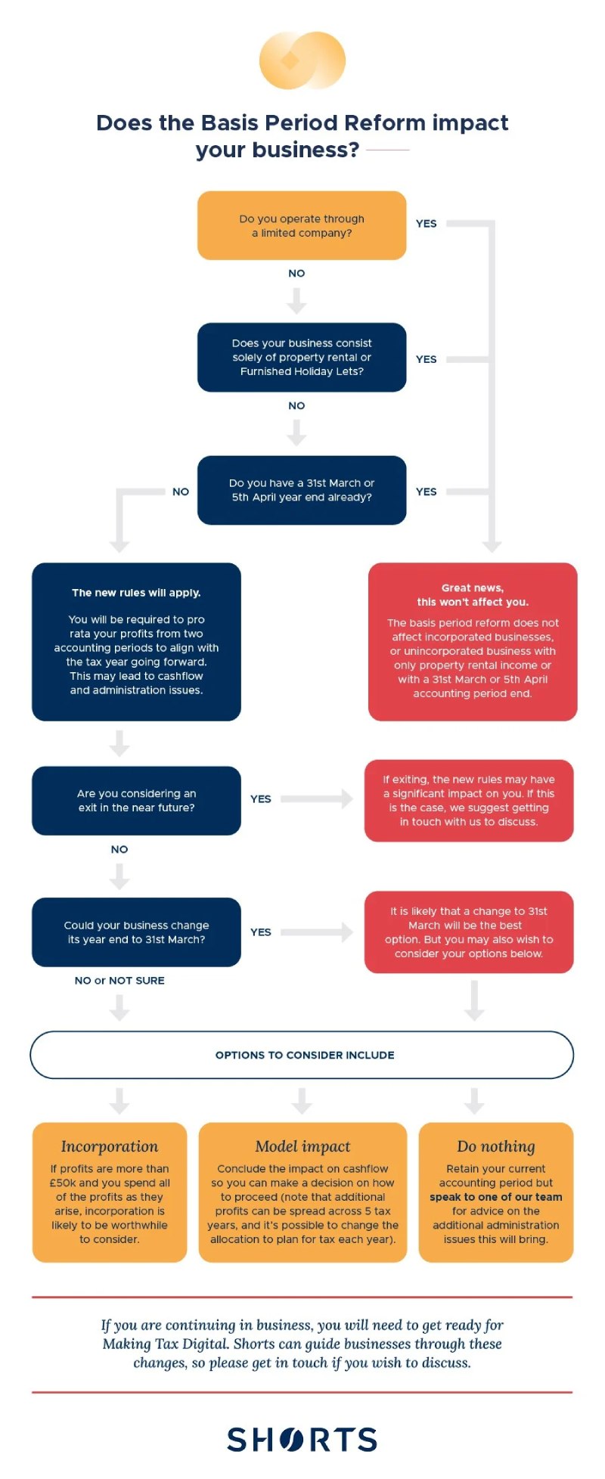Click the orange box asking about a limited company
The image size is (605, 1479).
302,225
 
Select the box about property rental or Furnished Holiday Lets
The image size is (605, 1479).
302,357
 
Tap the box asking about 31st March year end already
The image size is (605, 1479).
302,490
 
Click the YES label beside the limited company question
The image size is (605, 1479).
426,224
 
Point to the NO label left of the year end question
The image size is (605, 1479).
181,491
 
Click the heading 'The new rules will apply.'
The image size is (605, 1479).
136,593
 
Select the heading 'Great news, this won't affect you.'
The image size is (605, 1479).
473,595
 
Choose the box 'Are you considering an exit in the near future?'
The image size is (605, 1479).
136,801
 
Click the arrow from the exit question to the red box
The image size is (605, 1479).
317,798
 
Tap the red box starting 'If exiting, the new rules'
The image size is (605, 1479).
469,801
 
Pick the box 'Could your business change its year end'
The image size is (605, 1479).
136,932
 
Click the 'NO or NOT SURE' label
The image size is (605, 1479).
119,981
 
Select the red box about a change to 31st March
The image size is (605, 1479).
469,932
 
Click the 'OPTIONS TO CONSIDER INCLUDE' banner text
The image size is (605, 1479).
305,1055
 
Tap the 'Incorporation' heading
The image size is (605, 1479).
110,1146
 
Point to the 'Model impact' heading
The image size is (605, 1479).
302,1146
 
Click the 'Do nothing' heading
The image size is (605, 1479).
496,1146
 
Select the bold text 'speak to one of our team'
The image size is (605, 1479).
496,1197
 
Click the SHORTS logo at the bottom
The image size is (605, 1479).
302,1440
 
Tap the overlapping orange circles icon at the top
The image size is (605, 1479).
302,60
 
